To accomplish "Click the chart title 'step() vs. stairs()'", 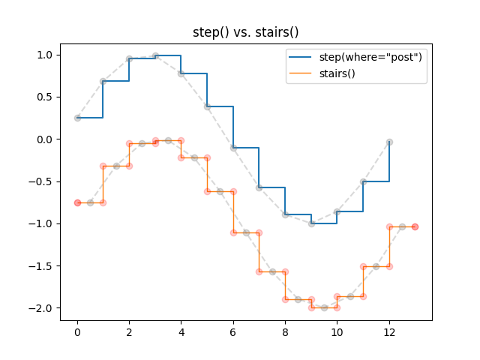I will tap(246, 32).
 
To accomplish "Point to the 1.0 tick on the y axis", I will tap(46, 55).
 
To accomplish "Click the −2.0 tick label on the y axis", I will tap(43, 307).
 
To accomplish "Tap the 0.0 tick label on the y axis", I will tap(46, 139).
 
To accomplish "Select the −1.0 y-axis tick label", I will tap(43, 223).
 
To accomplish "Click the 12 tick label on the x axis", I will tap(389, 332).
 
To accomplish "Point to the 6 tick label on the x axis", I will tap(233, 332).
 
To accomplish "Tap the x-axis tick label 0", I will tap(77, 332).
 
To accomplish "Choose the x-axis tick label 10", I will tap(337, 332).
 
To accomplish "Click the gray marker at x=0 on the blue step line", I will tap(77, 118).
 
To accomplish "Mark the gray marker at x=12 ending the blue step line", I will tap(389, 142).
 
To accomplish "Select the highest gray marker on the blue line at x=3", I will tap(155, 55).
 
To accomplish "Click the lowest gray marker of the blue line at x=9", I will tap(311, 223).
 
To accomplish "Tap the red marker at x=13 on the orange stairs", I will tap(415, 226).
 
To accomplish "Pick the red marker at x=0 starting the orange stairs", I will tap(77, 202).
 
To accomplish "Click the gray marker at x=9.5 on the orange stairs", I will tap(324, 307).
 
